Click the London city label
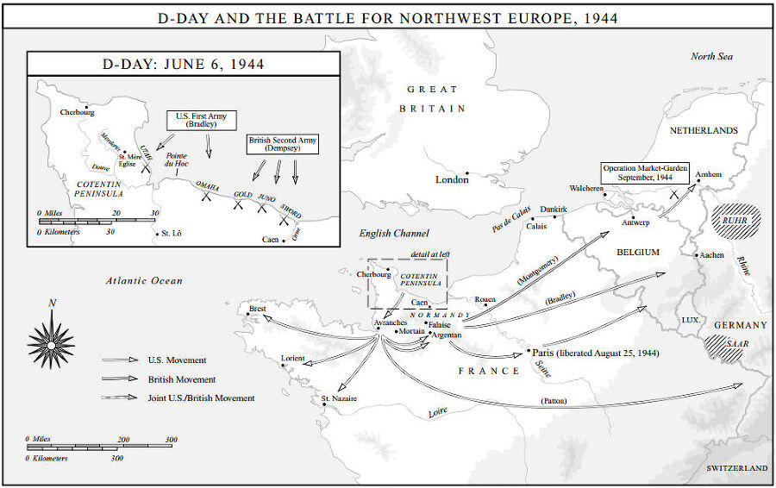pyautogui.click(x=452, y=179)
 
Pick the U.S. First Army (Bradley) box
pyautogui.click(x=202, y=120)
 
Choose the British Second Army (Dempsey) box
pyautogui.click(x=282, y=143)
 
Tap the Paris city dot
pyautogui.click(x=528, y=352)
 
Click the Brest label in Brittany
pyautogui.click(x=257, y=308)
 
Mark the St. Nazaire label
pyautogui.click(x=339, y=398)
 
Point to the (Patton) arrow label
pyautogui.click(x=554, y=401)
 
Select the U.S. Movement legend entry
pyautogui.click(x=177, y=360)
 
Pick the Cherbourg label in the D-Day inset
pyautogui.click(x=78, y=112)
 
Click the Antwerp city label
pyautogui.click(x=635, y=222)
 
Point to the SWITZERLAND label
pyautogui.click(x=736, y=467)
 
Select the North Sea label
pyautogui.click(x=711, y=56)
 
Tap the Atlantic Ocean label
pyautogui.click(x=144, y=280)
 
